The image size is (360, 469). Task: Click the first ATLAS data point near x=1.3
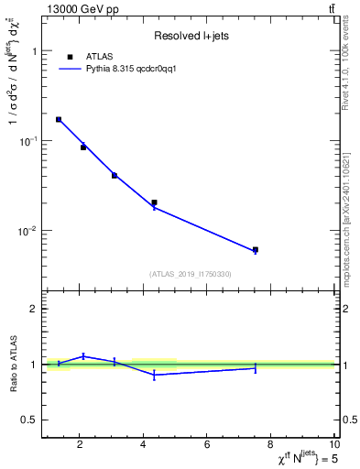click(x=59, y=119)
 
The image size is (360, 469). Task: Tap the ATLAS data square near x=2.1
click(x=83, y=147)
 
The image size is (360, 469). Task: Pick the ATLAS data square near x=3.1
click(x=115, y=175)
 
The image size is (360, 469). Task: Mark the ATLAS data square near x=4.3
click(x=154, y=202)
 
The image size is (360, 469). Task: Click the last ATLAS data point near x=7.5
click(x=256, y=249)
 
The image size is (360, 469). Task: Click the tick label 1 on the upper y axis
click(x=34, y=52)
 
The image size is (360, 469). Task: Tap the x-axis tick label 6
click(x=207, y=446)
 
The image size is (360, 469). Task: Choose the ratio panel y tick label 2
click(x=34, y=309)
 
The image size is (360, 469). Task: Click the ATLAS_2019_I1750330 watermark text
click(x=190, y=274)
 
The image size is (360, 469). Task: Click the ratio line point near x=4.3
click(x=154, y=375)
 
